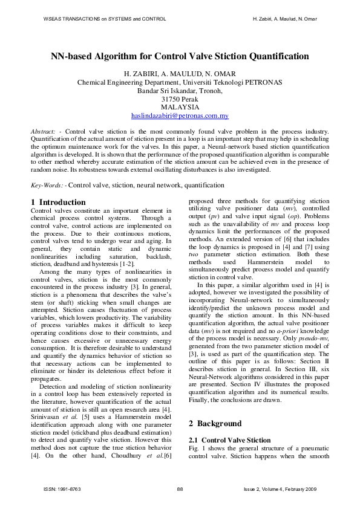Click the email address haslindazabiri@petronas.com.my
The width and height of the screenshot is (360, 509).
coord(180,115)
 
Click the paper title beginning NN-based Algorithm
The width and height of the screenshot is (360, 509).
coord(180,56)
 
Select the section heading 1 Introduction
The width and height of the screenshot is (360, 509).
coord(58,202)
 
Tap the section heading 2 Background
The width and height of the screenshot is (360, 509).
coord(217,424)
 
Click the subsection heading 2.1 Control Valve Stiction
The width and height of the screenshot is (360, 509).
coord(230,440)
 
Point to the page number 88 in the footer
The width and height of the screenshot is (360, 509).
coord(180,488)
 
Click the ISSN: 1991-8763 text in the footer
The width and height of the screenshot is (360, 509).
coord(62,488)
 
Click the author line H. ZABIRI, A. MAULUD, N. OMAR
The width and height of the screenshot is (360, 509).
coord(180,74)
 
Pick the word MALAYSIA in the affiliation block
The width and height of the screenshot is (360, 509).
coord(180,107)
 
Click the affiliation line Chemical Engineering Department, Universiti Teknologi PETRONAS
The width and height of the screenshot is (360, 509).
coord(180,82)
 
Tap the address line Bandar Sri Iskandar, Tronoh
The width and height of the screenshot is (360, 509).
coord(180,91)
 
